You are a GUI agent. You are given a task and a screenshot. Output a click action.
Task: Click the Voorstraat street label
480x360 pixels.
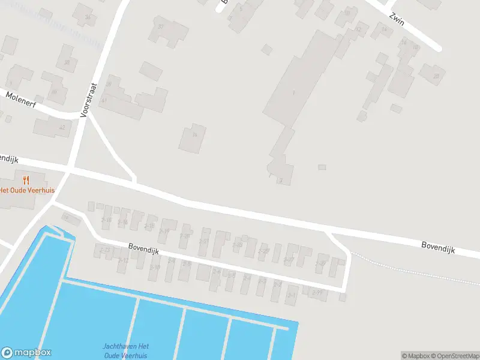point(89,98)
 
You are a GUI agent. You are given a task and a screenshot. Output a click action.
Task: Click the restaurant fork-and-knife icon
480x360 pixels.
point(26,179)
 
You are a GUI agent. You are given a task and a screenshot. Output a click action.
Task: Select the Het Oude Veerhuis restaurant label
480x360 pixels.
point(27,190)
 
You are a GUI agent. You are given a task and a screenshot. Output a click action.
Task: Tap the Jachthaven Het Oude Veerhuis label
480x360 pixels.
point(125,350)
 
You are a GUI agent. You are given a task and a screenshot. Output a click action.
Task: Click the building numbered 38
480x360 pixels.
point(67,59)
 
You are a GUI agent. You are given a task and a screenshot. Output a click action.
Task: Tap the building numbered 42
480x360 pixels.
point(52,127)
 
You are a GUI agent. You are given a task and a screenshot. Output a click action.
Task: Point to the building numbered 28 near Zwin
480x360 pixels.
point(433,74)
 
